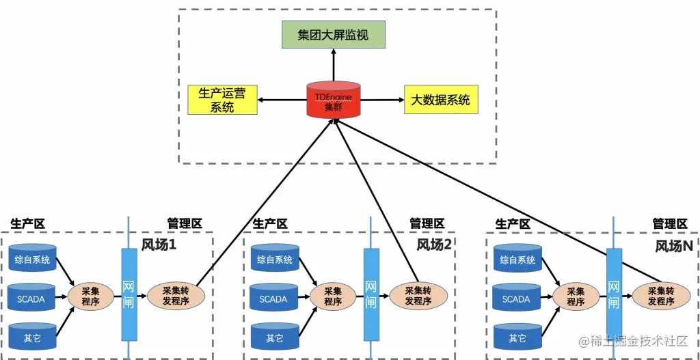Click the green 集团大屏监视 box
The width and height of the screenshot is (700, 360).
coord(334,34)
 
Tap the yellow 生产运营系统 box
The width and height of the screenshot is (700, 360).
coord(221,100)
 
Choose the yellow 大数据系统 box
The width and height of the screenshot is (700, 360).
coord(440,100)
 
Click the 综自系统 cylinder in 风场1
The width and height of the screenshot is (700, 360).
coord(32,260)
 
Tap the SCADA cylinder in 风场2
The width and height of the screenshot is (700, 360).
coord(273,299)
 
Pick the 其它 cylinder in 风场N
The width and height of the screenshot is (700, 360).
coord(517,337)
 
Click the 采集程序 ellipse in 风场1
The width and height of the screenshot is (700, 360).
coord(91,296)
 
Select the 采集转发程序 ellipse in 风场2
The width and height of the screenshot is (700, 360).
coord(418,296)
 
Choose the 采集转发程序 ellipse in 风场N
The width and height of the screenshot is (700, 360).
coord(660,296)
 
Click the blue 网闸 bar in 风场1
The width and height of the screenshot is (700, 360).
coord(129,295)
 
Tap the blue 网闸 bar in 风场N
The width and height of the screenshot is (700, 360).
coord(613,295)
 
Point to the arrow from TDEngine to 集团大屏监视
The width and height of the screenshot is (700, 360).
coord(334,66)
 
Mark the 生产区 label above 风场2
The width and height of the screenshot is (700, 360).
coord(270,223)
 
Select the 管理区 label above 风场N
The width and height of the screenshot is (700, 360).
coord(669,223)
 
